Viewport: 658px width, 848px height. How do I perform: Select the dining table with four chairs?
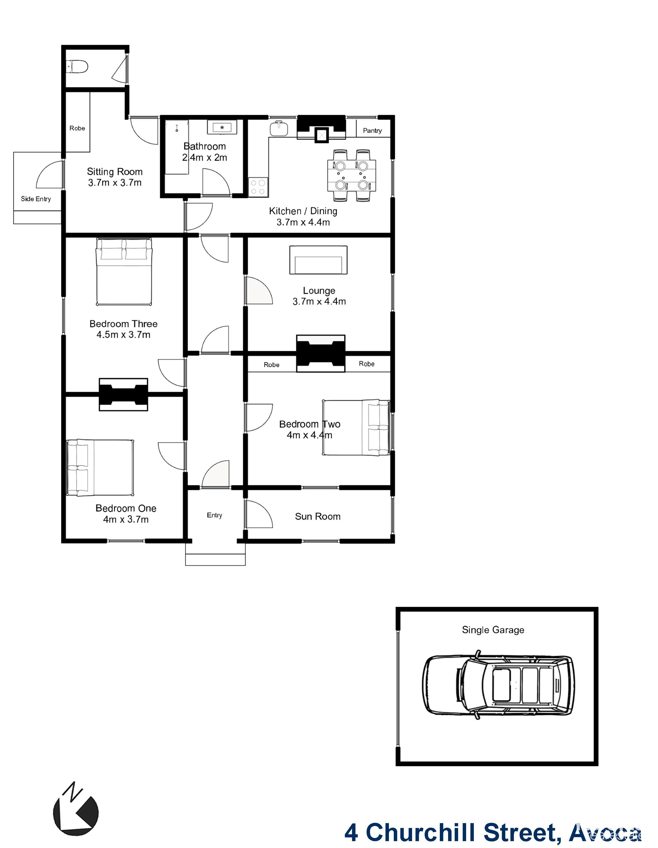coord(351,176)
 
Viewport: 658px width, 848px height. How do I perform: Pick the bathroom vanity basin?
coord(222,127)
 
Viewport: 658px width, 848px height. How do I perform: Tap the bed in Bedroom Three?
coord(124,271)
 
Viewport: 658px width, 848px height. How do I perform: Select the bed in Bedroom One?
coord(100,468)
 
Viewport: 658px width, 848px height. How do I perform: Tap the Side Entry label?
coord(36,199)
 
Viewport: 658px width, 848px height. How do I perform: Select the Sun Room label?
coord(317,517)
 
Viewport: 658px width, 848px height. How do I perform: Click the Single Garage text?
coord(493,630)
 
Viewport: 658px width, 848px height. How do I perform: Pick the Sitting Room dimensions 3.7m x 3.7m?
coord(114,183)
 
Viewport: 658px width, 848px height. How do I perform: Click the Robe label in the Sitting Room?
coord(77,128)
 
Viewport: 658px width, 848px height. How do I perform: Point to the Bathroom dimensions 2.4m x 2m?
coord(204,158)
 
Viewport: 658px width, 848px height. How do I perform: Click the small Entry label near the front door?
coord(214,515)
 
